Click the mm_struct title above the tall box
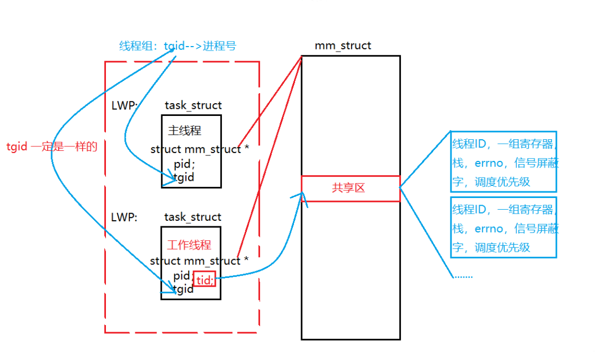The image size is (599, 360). (343, 45)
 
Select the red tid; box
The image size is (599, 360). (204, 279)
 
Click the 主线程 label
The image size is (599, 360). (185, 130)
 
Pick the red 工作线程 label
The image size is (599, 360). (189, 245)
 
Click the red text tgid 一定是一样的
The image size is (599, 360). (52, 146)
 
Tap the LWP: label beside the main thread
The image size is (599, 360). (124, 105)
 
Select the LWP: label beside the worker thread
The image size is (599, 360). (124, 217)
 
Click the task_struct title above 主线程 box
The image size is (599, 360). (194, 105)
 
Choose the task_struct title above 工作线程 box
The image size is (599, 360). (193, 217)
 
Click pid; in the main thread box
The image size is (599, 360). (185, 164)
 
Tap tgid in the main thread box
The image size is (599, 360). (184, 178)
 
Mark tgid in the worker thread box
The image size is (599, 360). (183, 289)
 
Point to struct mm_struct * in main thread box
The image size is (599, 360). (200, 149)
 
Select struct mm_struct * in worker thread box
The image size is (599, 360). (199, 261)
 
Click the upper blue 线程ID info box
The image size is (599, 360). (504, 161)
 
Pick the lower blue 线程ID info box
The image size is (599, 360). (504, 227)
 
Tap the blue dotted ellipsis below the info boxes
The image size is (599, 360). (463, 276)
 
